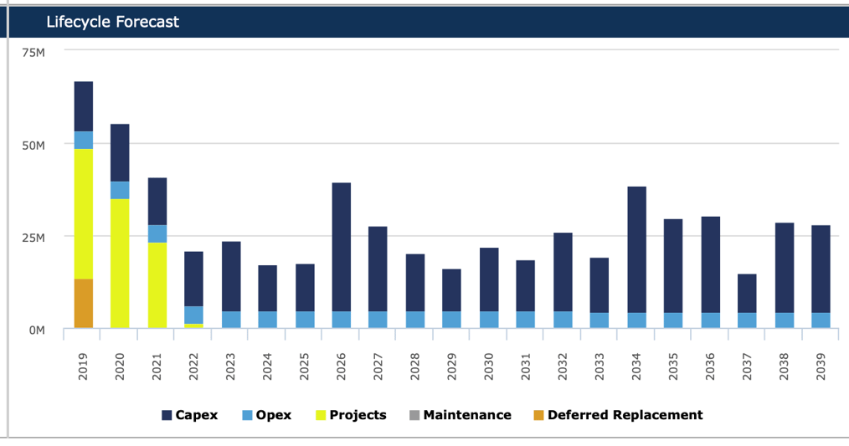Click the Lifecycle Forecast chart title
(x=112, y=22)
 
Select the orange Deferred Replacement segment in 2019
(x=84, y=303)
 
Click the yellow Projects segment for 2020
(x=120, y=263)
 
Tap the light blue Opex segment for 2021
(x=157, y=233)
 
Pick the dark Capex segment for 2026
(x=342, y=247)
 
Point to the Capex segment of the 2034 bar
(x=636, y=249)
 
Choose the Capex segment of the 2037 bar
(x=747, y=294)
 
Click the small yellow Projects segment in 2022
(x=193, y=326)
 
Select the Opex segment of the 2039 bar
(x=821, y=320)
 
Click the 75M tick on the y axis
(x=33, y=52)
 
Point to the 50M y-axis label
(x=33, y=145)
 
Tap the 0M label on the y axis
(x=36, y=330)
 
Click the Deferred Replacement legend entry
(x=617, y=415)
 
